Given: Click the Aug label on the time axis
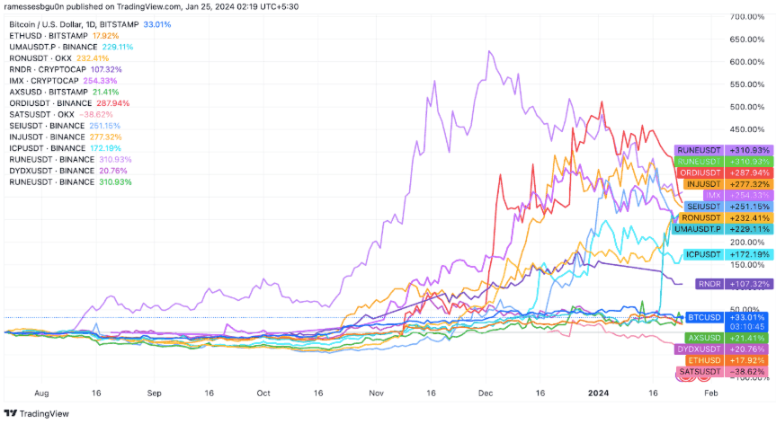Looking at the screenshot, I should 40,393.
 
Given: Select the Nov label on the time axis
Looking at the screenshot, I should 376,393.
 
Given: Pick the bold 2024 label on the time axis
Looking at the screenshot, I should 598,393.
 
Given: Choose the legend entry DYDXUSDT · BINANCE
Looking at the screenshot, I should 54,169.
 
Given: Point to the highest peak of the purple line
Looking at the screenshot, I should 488,51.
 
